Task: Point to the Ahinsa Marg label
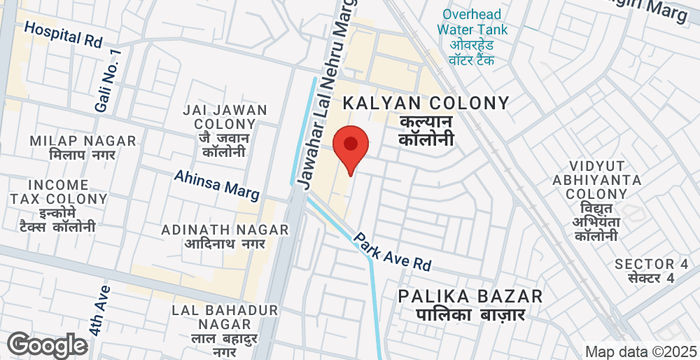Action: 217,184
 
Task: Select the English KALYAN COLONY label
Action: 427,103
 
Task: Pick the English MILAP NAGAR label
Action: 72,141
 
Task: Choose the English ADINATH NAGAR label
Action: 225,229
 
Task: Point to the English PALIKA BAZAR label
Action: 470,296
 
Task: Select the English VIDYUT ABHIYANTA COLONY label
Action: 596,179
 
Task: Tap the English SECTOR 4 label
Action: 651,264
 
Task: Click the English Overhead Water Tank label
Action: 472,21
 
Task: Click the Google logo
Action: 46,345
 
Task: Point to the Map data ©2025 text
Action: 640,351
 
